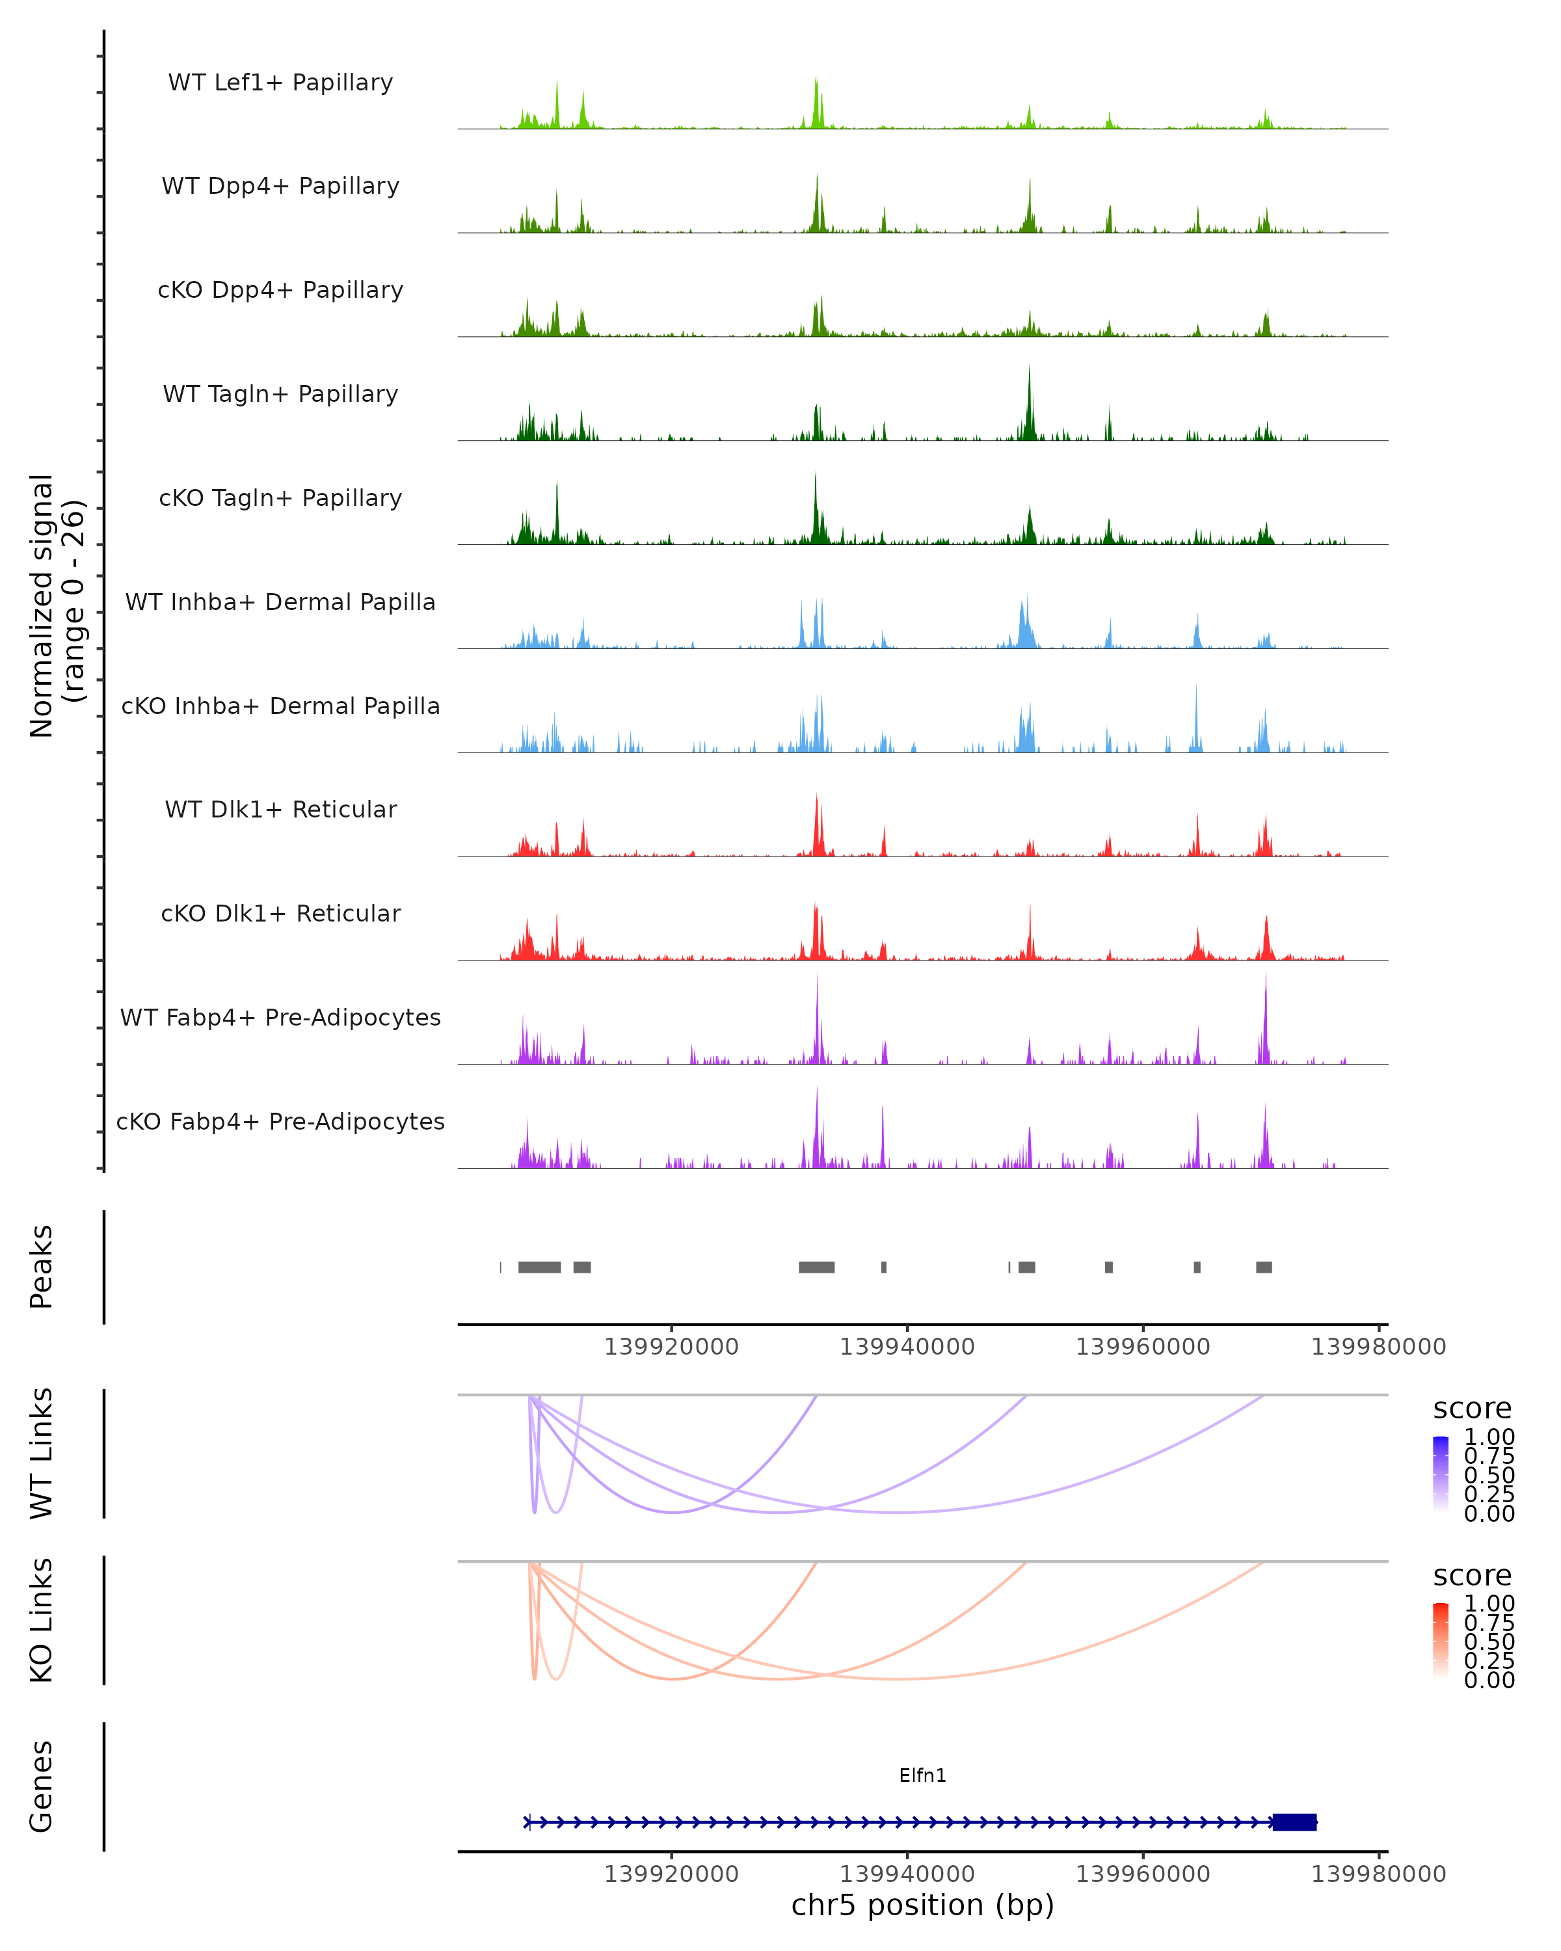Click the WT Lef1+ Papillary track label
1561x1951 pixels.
(280, 83)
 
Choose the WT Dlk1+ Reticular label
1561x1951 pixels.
(280, 809)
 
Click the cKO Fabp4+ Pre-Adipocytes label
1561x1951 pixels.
(280, 1121)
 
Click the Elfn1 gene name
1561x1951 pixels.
(922, 1775)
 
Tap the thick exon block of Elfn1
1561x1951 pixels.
(1294, 1822)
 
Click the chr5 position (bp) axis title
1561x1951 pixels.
(922, 1904)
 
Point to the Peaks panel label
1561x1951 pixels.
(42, 1266)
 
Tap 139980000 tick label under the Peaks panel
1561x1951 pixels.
(1378, 1347)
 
